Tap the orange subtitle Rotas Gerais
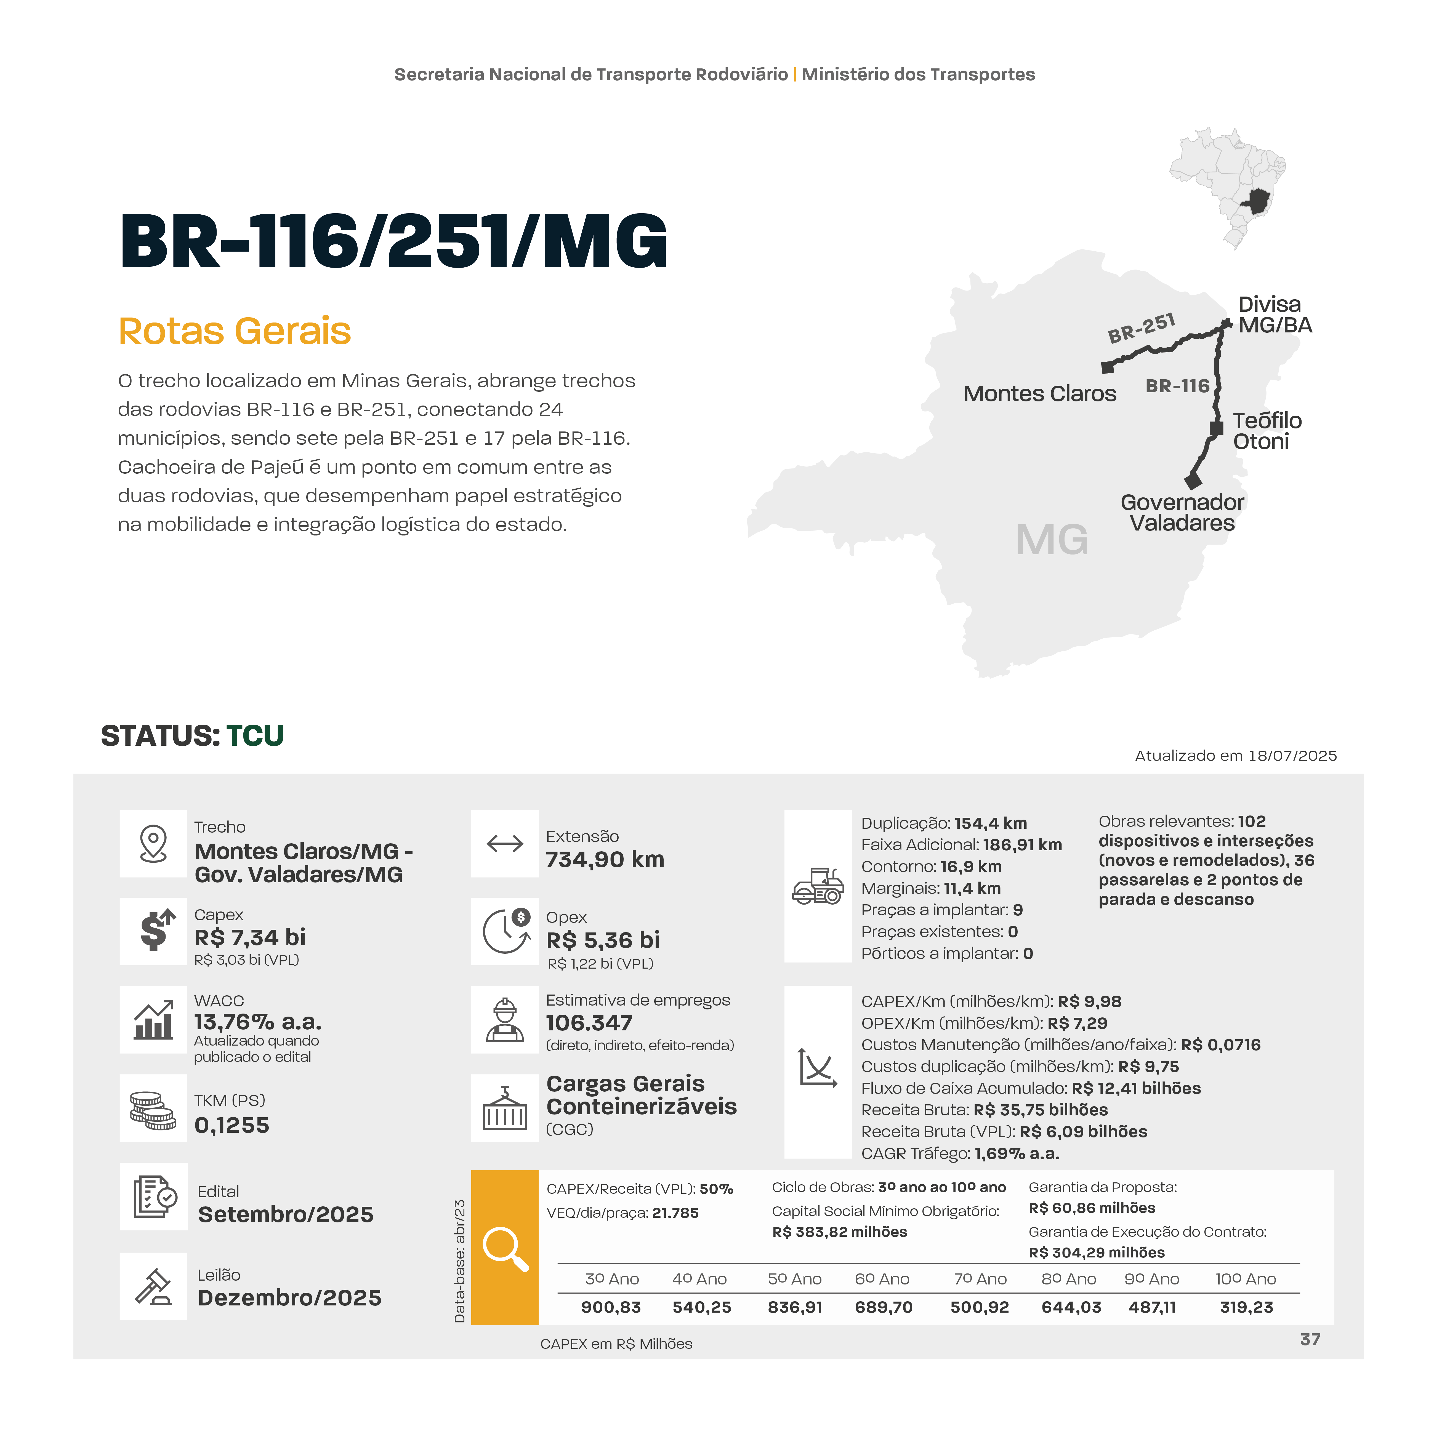click(235, 331)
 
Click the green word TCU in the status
click(255, 735)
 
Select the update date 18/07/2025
click(1292, 756)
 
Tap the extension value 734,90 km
click(605, 860)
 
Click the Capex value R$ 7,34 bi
click(250, 937)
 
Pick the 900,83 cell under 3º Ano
click(611, 1307)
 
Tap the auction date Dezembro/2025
click(289, 1297)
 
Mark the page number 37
click(1310, 1339)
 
